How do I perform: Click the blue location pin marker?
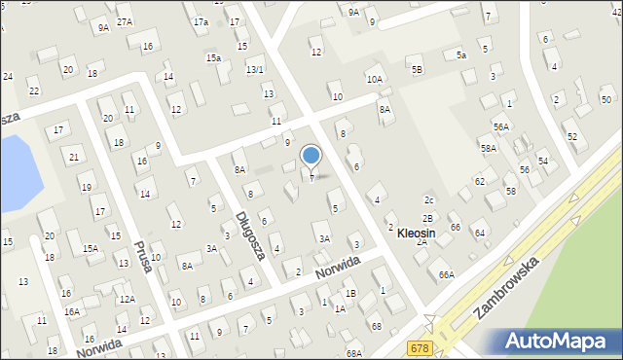311,157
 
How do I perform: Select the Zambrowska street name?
502,289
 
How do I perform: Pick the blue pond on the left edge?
17,163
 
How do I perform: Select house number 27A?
125,21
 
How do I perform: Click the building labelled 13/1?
255,69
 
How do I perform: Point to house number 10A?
375,79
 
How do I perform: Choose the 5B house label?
417,69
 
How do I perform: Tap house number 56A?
501,126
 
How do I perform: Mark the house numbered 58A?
489,148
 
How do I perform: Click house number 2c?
428,199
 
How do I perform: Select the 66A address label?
446,274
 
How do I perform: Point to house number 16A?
72,311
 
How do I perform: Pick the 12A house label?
127,299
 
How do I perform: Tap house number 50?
605,100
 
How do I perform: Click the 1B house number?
350,293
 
